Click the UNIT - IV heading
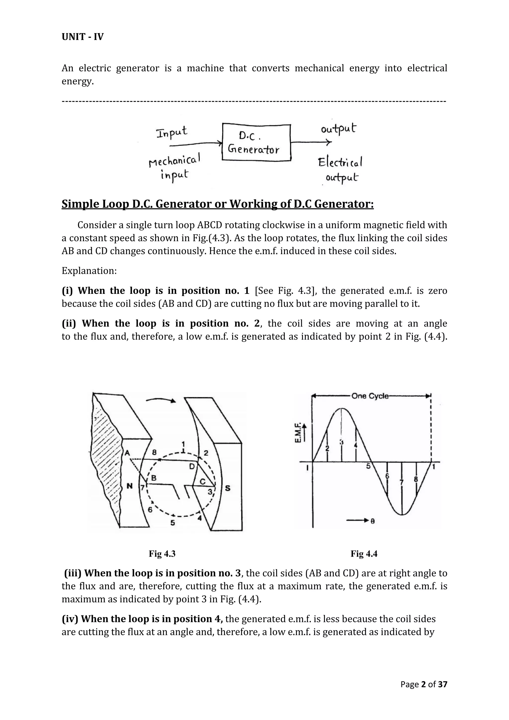(x=83, y=37)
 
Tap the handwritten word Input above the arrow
(x=172, y=132)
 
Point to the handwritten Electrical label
(x=340, y=162)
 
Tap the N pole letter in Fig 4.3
(x=129, y=486)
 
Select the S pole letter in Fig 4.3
(x=228, y=488)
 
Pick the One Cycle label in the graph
(x=370, y=396)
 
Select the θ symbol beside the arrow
(x=372, y=521)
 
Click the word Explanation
(x=89, y=271)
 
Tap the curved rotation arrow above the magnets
(x=161, y=400)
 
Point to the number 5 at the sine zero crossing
(x=369, y=466)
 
